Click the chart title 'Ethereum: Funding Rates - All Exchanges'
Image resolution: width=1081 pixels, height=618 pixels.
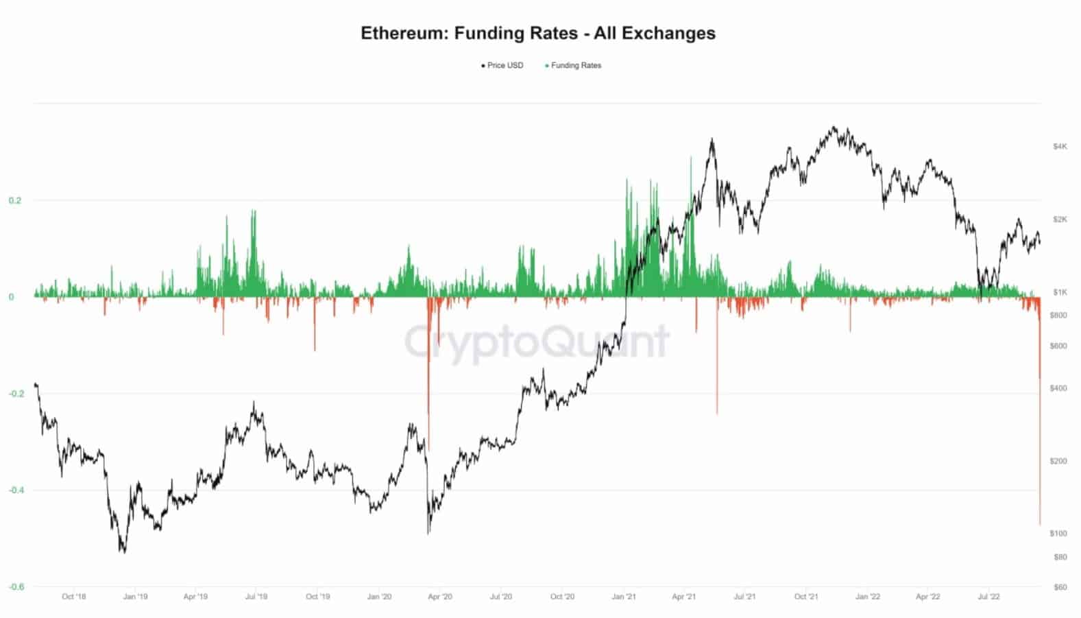tap(538, 33)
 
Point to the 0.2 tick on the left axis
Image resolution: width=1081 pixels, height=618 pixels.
tap(16, 200)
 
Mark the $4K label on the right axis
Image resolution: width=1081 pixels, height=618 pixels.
tap(1060, 147)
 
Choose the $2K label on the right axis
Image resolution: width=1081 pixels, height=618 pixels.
tap(1060, 219)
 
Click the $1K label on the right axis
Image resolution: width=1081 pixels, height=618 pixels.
tap(1060, 292)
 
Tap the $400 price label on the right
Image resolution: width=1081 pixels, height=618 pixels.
tap(1059, 388)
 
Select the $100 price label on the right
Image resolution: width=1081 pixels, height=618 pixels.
tap(1059, 533)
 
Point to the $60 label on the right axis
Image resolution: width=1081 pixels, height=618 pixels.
tap(1060, 587)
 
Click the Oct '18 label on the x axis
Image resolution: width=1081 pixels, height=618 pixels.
tap(74, 597)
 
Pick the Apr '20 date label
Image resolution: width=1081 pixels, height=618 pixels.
tap(440, 597)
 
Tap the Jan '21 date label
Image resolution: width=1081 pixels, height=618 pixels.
tap(623, 597)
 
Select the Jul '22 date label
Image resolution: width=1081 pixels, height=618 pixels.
tap(988, 597)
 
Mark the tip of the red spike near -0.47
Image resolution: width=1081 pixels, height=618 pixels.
tap(1040, 525)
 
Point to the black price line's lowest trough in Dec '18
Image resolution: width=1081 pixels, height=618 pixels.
tap(124, 552)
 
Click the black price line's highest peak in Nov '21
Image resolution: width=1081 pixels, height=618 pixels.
tap(834, 127)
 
